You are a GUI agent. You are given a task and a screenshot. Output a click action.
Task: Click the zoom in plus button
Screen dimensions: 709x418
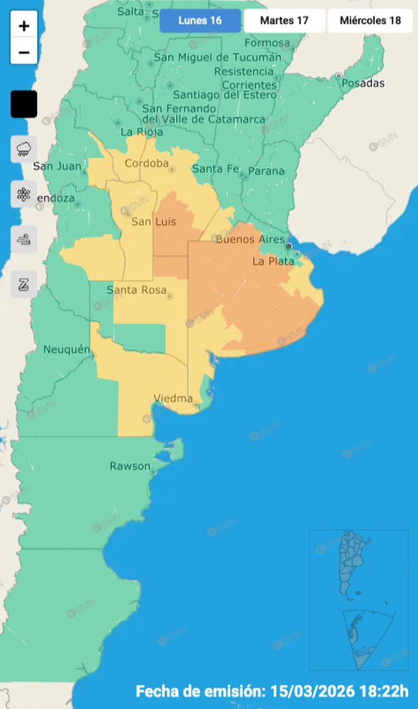[x=24, y=26]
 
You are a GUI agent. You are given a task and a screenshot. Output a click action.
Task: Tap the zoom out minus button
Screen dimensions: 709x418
[x=24, y=52]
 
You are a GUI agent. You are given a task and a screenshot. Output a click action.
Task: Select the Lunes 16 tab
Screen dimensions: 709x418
[x=200, y=21]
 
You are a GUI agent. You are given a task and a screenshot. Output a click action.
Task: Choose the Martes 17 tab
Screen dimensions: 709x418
[x=284, y=21]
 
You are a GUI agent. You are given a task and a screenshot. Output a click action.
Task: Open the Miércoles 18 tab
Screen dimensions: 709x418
[x=371, y=21]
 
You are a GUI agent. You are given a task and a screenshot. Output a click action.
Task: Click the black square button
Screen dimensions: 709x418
[x=24, y=104]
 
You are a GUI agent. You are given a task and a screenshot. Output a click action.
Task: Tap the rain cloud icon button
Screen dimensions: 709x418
[x=24, y=149]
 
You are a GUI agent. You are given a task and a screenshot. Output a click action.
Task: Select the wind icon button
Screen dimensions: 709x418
[x=24, y=239]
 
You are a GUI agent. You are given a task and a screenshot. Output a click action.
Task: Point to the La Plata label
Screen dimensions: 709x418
[x=273, y=261]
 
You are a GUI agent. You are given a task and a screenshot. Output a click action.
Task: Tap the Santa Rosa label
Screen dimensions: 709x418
[x=136, y=290]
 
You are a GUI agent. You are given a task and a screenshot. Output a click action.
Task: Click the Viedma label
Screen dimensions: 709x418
[x=173, y=398]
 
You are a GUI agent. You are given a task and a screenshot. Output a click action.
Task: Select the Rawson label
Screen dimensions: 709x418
[x=130, y=466]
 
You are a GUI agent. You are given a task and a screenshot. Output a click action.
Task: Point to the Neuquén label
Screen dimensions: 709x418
[x=66, y=350]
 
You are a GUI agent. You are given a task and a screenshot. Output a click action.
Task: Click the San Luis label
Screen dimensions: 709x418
[x=153, y=221]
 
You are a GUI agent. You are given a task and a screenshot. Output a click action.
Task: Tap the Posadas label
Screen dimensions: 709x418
[x=362, y=83]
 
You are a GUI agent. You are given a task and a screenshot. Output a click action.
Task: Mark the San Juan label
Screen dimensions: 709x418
[x=58, y=166]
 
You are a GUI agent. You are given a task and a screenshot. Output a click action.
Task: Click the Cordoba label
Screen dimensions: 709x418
[x=147, y=163]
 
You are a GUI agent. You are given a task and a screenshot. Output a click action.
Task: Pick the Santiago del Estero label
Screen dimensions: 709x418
[x=225, y=95]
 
